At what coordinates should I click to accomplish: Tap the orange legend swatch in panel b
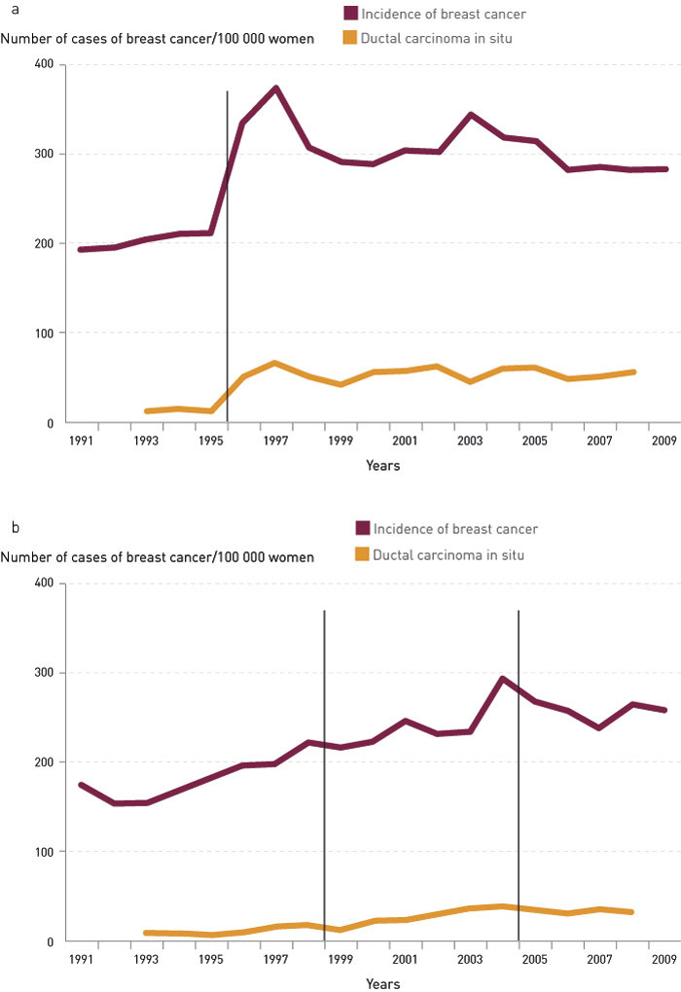362,554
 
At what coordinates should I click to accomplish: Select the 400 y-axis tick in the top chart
44,64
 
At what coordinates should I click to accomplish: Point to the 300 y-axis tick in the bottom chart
44,673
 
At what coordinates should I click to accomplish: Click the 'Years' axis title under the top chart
382,466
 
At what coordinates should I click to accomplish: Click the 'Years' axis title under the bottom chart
382,984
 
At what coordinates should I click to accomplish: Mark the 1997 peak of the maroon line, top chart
276,89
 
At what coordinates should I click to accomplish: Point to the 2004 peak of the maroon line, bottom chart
502,679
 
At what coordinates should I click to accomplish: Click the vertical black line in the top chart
227,243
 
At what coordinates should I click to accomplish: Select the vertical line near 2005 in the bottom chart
519,778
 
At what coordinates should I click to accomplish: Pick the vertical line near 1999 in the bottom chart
324,778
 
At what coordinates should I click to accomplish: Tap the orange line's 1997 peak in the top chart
275,363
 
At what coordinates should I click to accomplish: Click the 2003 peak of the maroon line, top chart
471,115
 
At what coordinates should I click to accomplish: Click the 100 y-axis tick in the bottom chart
44,852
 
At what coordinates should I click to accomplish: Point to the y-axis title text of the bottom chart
158,557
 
